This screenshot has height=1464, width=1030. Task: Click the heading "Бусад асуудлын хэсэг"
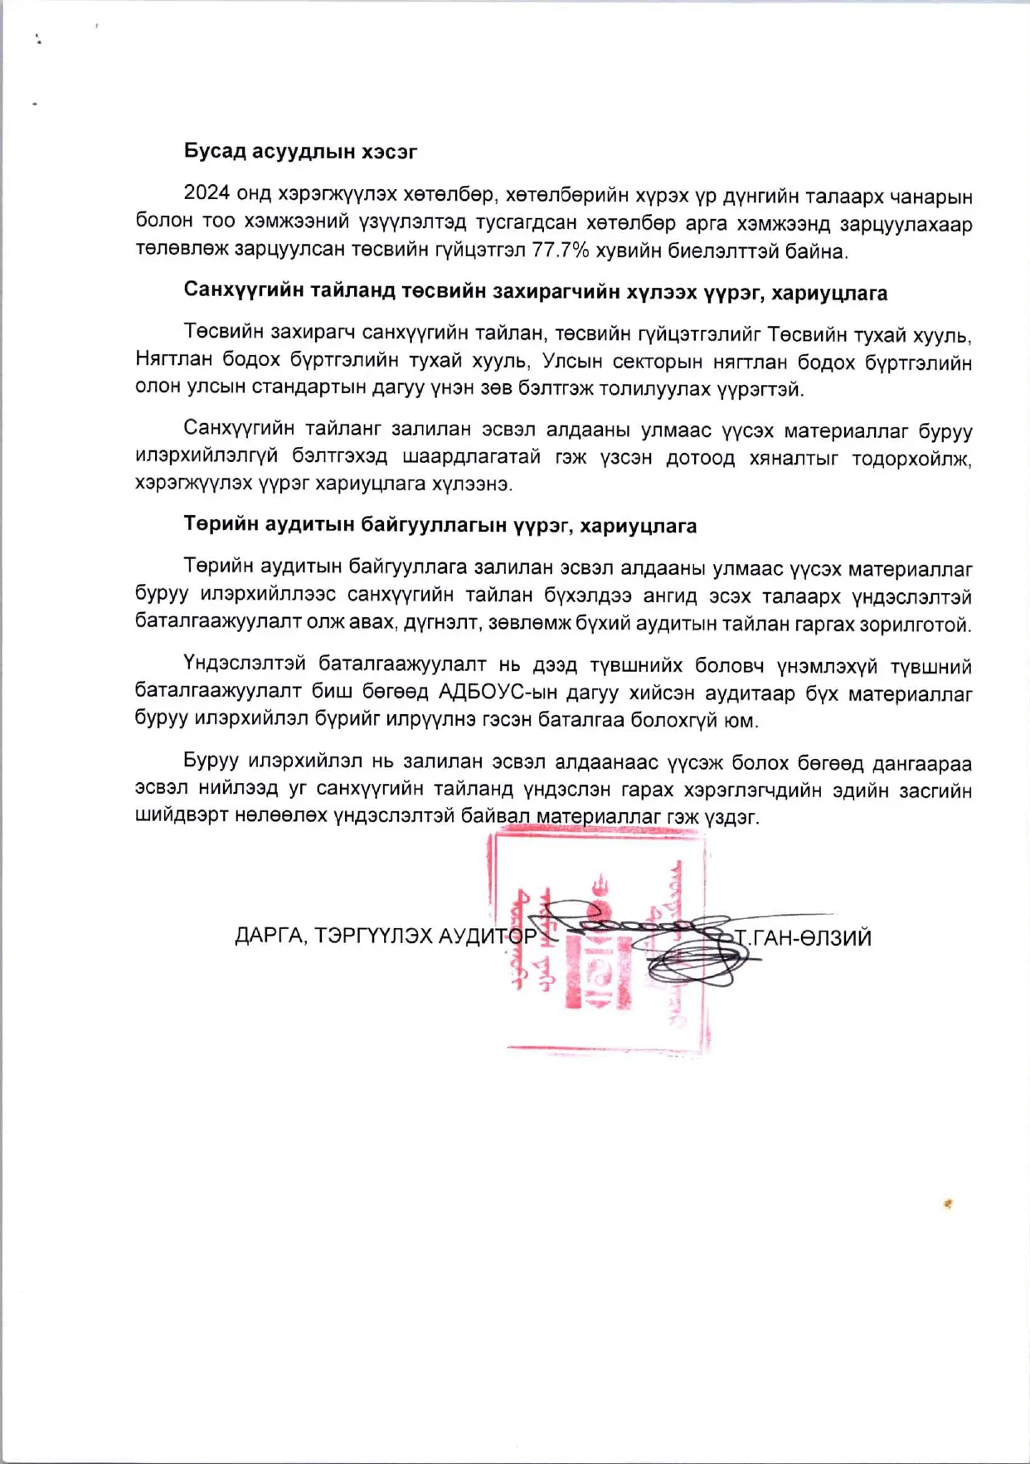pos(300,152)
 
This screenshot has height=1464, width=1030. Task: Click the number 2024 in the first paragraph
pos(206,193)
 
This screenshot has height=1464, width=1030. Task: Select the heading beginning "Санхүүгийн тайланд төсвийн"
pos(535,292)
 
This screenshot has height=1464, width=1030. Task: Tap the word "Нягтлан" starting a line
pos(172,361)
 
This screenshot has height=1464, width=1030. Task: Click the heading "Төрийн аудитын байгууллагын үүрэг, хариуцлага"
pos(440,526)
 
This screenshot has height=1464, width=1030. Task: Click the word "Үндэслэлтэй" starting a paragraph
pos(245,664)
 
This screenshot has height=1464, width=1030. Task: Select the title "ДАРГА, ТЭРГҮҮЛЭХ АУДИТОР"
pos(386,936)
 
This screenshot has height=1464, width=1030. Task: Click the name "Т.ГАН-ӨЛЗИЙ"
pos(803,938)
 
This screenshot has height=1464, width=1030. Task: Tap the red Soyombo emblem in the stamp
pos(599,946)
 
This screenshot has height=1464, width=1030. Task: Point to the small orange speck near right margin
pos(948,1204)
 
